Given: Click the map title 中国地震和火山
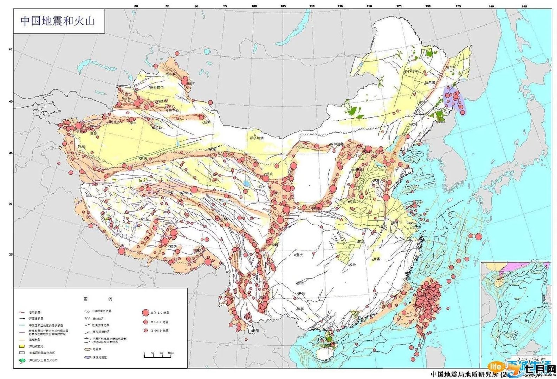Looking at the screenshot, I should [x=57, y=21].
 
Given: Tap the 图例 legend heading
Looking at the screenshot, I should [x=98, y=299].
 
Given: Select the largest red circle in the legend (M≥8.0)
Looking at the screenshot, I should [x=145, y=312].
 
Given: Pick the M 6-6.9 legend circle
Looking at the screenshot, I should [x=145, y=331].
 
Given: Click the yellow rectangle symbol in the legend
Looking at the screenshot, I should [x=22, y=346].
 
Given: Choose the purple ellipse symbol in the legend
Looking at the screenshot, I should [x=88, y=357].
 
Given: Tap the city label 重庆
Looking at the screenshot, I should [x=299, y=255].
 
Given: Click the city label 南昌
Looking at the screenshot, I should [x=376, y=259].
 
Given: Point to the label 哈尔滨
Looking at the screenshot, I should [x=429, y=83].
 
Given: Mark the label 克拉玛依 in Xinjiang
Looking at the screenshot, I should [x=157, y=87].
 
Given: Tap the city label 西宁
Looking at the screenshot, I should [x=261, y=187].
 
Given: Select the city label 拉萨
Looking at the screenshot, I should [x=172, y=246].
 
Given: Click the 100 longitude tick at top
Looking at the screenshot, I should [x=254, y=6].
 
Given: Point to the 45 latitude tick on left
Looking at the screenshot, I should [x=10, y=49].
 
